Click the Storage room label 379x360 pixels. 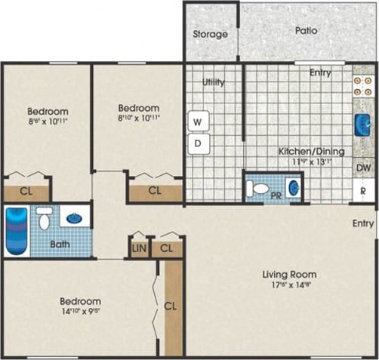pyautogui.click(x=211, y=34)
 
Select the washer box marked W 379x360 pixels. pyautogui.click(x=199, y=121)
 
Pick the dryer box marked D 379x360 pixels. pyautogui.click(x=199, y=142)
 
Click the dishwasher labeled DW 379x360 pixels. pyautogui.click(x=363, y=168)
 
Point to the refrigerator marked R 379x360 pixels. pyautogui.click(x=363, y=191)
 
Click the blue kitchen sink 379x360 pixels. pyautogui.click(x=361, y=125)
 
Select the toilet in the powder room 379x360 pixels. pyautogui.click(x=259, y=189)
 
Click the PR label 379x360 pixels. pyautogui.click(x=276, y=198)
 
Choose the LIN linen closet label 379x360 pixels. pyautogui.click(x=139, y=248)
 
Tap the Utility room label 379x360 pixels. pyautogui.click(x=214, y=82)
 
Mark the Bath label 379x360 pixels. pyautogui.click(x=60, y=245)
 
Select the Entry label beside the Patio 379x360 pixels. pyautogui.click(x=320, y=72)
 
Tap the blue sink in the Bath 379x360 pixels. pyautogui.click(x=74, y=218)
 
